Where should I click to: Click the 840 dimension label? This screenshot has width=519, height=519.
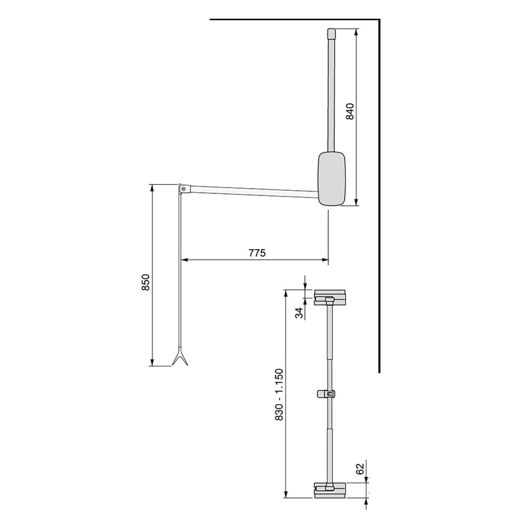pos(350,113)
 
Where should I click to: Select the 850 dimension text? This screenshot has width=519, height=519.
pos(146,284)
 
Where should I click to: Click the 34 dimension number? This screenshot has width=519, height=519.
pos(299,313)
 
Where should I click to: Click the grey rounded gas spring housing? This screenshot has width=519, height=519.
pos(332,178)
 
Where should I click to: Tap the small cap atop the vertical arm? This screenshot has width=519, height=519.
pos(331,32)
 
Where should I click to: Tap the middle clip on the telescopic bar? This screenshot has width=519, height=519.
pos(328,394)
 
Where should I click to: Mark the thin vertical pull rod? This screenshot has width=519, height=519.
pos(179,272)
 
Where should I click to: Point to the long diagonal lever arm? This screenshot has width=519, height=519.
pos(253,190)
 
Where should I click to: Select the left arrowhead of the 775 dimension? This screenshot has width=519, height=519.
pos(183,260)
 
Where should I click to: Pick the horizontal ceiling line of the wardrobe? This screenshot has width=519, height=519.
pos(292,21)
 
